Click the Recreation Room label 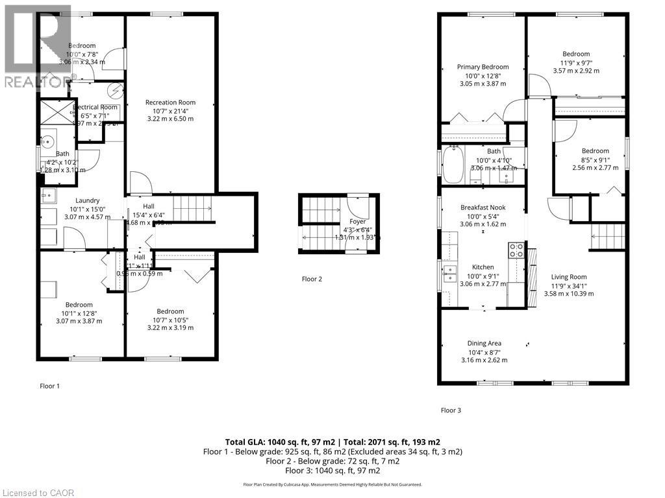170,102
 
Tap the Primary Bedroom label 483,67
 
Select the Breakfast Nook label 483,207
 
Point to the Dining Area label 484,344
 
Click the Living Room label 568,277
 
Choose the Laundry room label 86,200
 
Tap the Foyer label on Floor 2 358,221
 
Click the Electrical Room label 95,107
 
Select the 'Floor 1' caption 49,386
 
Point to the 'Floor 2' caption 312,279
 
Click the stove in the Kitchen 516,250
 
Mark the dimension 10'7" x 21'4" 170,111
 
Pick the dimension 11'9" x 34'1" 568,285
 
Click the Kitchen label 483,267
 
